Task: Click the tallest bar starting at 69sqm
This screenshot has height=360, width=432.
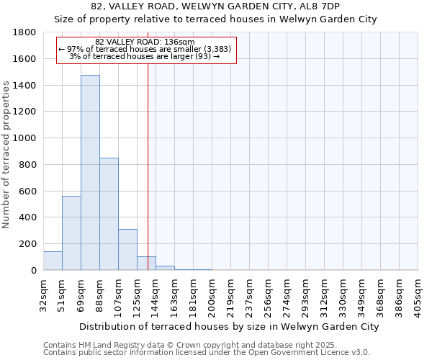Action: tap(90, 173)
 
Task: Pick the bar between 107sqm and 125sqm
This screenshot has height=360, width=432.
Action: tap(127, 250)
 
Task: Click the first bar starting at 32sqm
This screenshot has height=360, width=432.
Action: tap(53, 261)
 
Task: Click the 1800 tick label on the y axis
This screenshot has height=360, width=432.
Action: tap(25, 32)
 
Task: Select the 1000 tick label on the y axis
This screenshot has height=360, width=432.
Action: tap(25, 138)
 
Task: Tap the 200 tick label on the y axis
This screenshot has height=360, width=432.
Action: tap(28, 244)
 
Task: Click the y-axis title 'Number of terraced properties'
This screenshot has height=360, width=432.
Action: tap(6, 155)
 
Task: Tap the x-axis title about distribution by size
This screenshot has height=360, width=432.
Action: tap(229, 326)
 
